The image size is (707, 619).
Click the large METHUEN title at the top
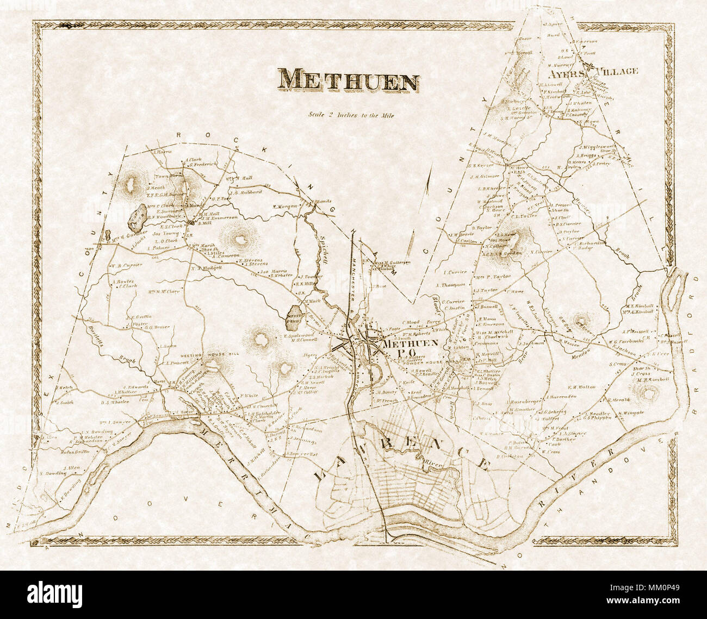(349, 80)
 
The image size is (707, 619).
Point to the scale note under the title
(350, 115)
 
